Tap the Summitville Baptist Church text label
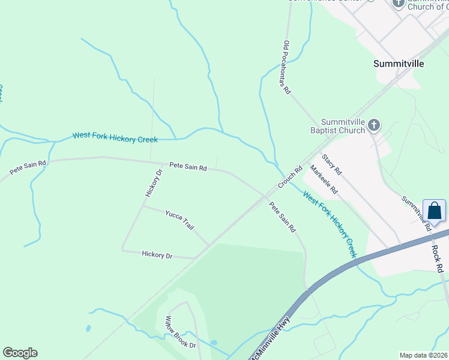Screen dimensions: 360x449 (x=343, y=125)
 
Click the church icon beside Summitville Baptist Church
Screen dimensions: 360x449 (x=374, y=125)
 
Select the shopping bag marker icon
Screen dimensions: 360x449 (x=435, y=211)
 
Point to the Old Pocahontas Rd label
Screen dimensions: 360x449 (x=287, y=68)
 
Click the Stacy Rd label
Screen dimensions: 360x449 (x=331, y=164)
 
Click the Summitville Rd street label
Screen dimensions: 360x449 (x=417, y=213)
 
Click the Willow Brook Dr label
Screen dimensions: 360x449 (x=181, y=332)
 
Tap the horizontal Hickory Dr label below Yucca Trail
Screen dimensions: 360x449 (x=157, y=255)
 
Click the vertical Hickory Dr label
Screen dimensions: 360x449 (x=154, y=183)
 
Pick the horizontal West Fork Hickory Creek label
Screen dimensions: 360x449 (x=115, y=137)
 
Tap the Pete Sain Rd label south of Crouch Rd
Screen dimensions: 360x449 (x=282, y=217)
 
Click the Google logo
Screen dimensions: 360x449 (x=20, y=353)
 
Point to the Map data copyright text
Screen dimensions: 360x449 (x=424, y=355)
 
